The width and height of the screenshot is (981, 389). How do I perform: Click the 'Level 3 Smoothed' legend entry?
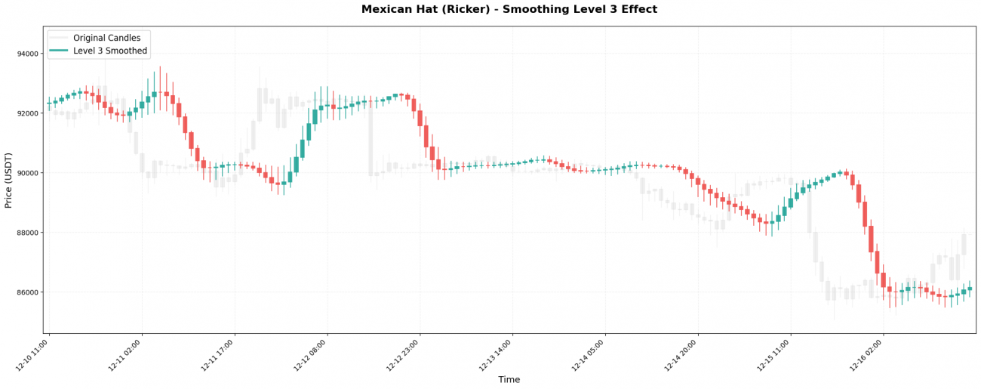(x=110, y=51)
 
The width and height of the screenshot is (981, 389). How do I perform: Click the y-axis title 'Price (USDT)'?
(x=9, y=179)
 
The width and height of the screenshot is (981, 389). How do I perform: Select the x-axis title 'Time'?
(x=509, y=380)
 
